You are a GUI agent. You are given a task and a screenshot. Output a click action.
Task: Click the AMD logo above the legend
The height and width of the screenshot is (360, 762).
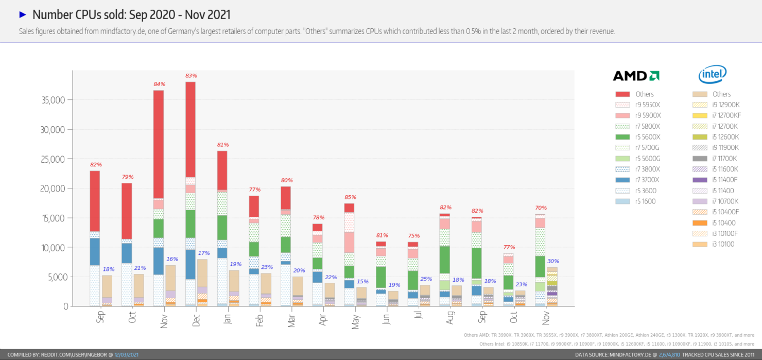[x=636, y=76]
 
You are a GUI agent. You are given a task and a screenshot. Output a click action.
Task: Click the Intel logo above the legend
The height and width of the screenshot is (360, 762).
[x=712, y=75]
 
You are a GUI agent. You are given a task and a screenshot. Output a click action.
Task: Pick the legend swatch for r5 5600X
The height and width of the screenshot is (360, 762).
[x=622, y=137]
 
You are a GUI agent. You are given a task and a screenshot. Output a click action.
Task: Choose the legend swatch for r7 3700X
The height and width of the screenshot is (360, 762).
[x=622, y=180]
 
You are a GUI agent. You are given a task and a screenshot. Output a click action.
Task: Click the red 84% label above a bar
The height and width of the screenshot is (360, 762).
[x=159, y=84]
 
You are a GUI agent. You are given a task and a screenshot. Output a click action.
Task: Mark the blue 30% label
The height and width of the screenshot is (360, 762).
[x=553, y=261]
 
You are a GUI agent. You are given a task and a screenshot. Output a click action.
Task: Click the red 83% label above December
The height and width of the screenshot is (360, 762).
[x=191, y=76]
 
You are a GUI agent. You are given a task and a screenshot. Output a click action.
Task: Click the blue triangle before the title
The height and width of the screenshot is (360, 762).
[x=22, y=14]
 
